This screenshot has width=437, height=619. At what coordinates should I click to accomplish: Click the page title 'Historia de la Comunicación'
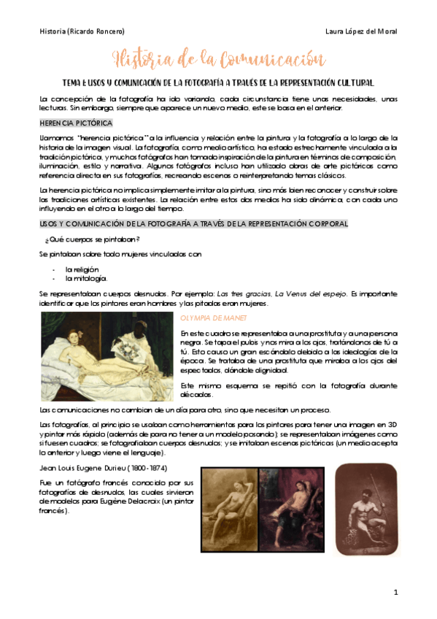tap(218, 58)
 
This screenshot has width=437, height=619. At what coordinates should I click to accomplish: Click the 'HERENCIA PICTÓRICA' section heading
tap(75, 123)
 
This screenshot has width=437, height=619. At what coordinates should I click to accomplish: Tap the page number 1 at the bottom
tap(395, 592)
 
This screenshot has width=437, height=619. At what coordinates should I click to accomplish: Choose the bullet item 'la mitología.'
tap(86, 278)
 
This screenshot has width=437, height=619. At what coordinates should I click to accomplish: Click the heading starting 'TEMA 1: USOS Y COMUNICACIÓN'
tap(219, 82)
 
